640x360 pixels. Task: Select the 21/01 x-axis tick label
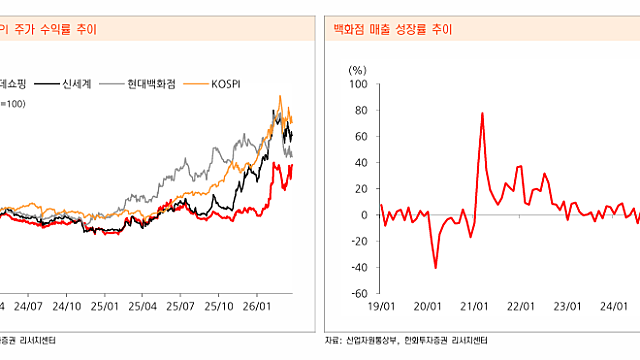tap(474, 307)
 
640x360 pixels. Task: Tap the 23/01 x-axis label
tap(565, 307)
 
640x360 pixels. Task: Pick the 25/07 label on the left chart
tap(180, 307)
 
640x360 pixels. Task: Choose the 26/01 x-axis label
tap(256, 307)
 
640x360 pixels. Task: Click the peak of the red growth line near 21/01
tap(482, 114)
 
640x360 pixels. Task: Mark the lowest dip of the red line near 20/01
tap(436, 267)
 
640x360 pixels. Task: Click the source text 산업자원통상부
tap(369, 342)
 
